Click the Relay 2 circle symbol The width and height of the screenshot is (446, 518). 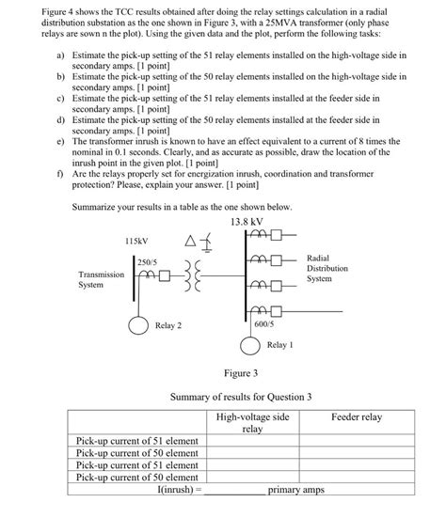tap(139, 325)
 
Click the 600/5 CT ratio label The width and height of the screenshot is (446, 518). tap(264, 323)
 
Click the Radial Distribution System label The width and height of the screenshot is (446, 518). tap(327, 267)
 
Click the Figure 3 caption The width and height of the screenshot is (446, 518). tap(229, 374)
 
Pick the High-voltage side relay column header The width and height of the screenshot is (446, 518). tap(252, 421)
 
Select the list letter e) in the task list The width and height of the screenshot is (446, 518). tap(60, 140)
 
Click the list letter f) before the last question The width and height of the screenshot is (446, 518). tap(60, 174)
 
